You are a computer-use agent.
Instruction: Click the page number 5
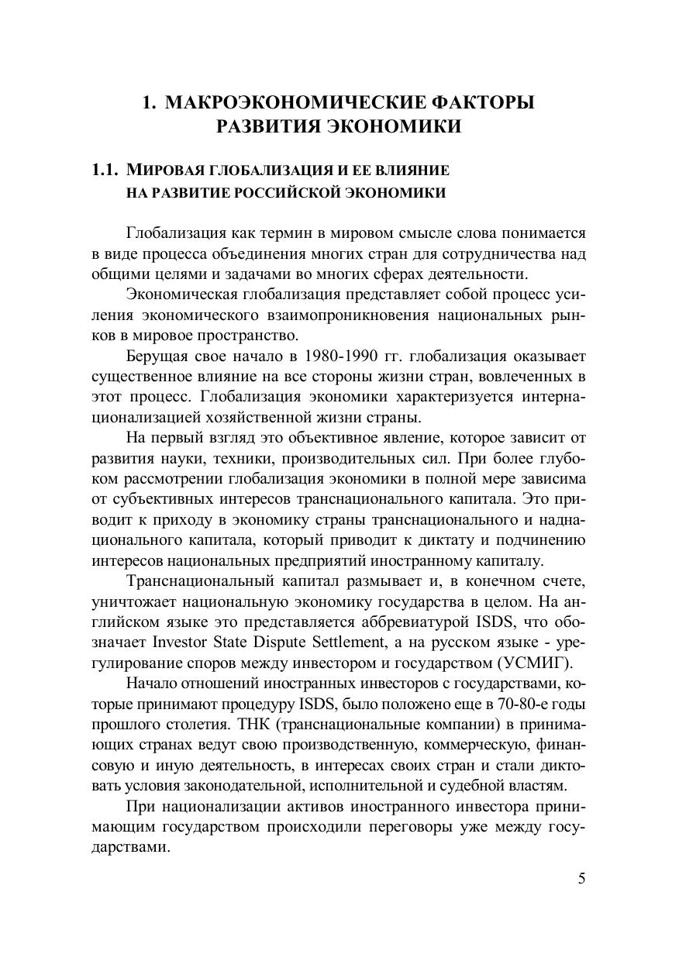(581, 879)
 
